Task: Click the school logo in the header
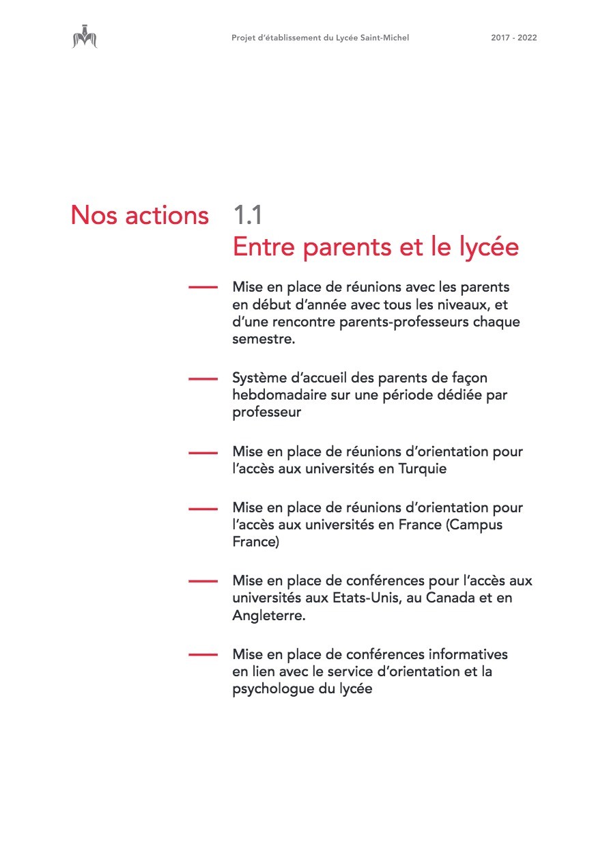click(x=85, y=37)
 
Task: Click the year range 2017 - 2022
click(x=513, y=38)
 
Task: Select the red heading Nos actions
click(x=139, y=215)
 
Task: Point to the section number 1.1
click(x=247, y=215)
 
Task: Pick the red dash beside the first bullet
click(x=203, y=288)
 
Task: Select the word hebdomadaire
click(x=274, y=395)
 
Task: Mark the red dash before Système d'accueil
click(x=203, y=378)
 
